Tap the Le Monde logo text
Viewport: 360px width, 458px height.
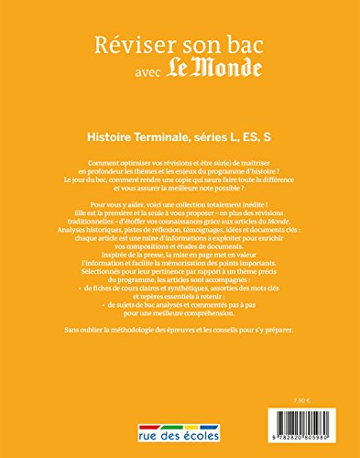click(x=206, y=75)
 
